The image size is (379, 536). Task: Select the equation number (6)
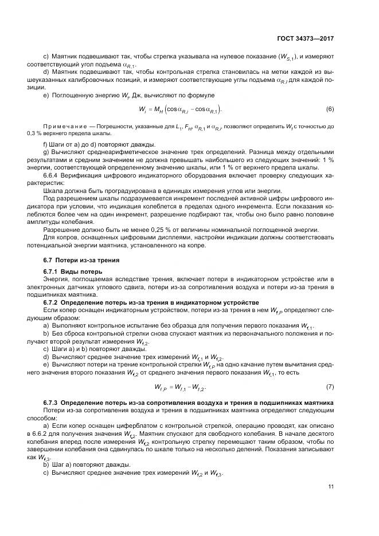[x=330, y=109]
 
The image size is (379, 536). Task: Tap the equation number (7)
[x=330, y=387]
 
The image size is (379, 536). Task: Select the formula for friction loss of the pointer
[x=181, y=387]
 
